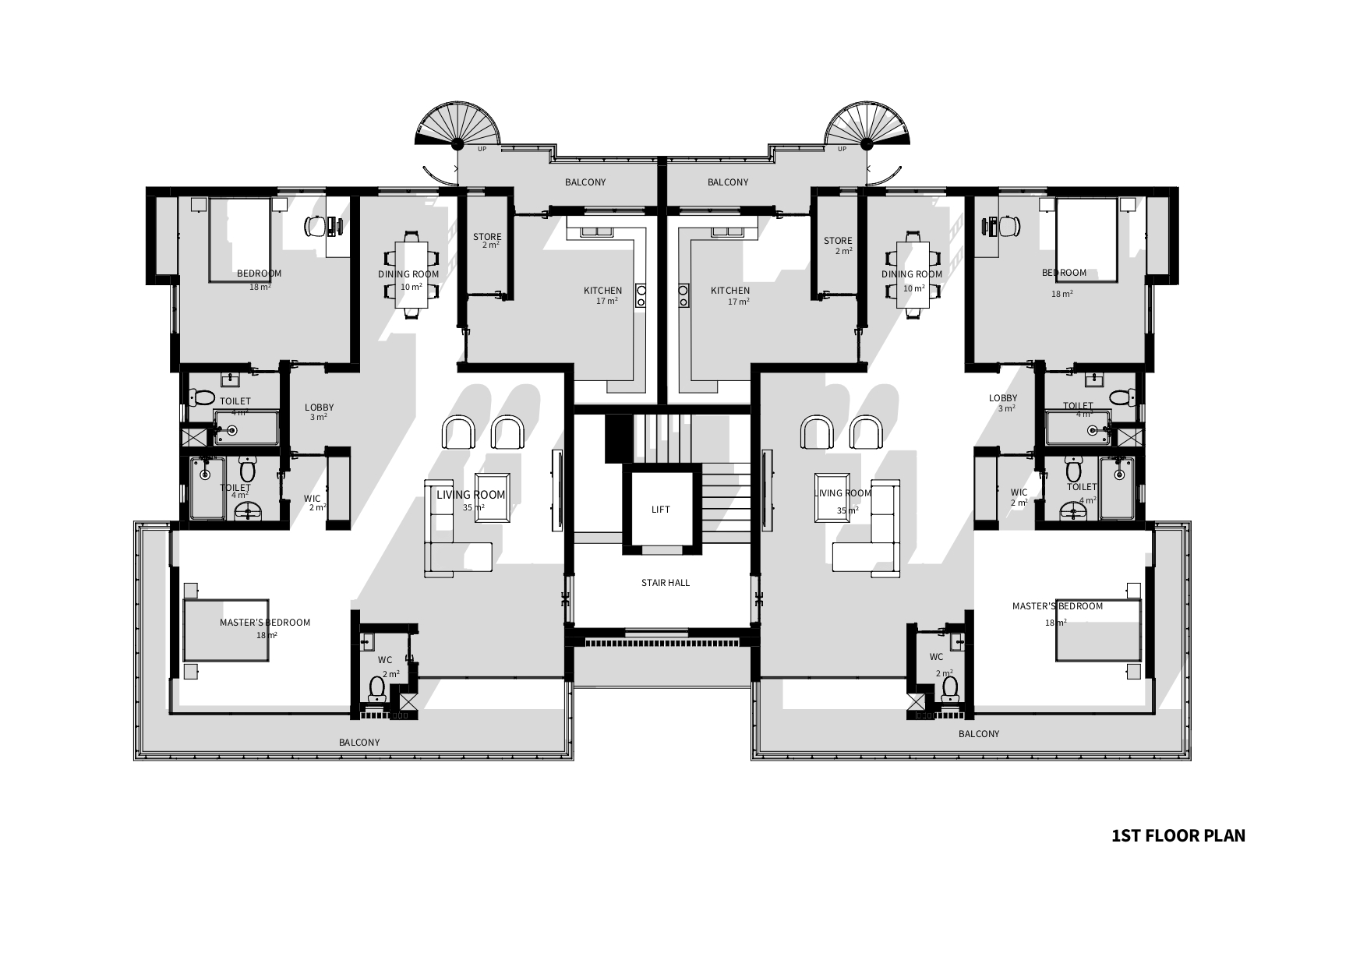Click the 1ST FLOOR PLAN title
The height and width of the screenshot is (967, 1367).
(x=1178, y=836)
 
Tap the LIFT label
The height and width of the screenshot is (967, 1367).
(x=660, y=510)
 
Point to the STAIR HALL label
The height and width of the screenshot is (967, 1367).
(x=665, y=583)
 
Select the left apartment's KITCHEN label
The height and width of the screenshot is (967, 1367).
(x=603, y=291)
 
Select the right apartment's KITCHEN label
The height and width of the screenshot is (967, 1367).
(x=730, y=291)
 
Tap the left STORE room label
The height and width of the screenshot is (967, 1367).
(x=487, y=237)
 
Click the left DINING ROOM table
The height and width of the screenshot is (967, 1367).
(x=412, y=275)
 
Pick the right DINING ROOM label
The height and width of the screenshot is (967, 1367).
(x=912, y=274)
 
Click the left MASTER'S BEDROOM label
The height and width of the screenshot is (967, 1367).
(x=265, y=623)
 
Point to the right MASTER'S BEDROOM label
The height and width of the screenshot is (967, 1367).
(x=1058, y=606)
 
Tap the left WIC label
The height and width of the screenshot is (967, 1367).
(x=312, y=499)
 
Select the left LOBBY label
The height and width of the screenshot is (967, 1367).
(x=320, y=408)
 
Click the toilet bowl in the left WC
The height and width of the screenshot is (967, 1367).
(x=377, y=688)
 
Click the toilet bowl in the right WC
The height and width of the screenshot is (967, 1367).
(x=949, y=688)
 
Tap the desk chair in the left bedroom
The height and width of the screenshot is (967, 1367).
(x=315, y=226)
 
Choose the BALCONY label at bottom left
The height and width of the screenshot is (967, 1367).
(x=359, y=743)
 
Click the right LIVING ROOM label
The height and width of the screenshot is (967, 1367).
(x=842, y=493)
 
